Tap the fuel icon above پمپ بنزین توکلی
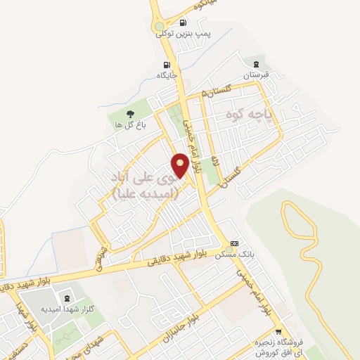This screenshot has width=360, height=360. [x=184, y=22]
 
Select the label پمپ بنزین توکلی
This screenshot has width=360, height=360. [x=184, y=33]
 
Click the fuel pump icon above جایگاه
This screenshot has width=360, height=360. [x=166, y=65]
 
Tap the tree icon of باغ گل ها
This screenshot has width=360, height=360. [x=129, y=113]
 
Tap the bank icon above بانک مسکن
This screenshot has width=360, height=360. [x=235, y=243]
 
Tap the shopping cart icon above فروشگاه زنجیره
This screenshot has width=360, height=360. [x=279, y=332]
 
